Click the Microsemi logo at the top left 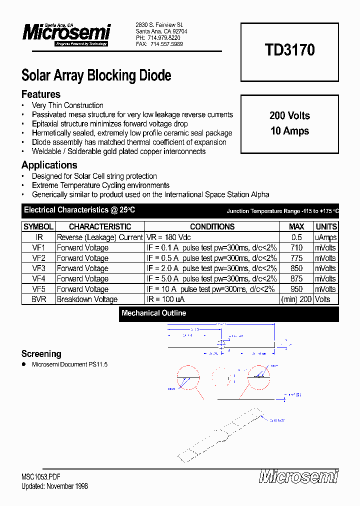[x=66, y=33]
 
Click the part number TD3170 [x=289, y=50]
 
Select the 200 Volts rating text [x=289, y=115]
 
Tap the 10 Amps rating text [x=289, y=131]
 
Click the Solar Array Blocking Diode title [x=96, y=75]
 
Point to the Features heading [x=41, y=94]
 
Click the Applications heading [x=49, y=165]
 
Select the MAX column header [x=296, y=226]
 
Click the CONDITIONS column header [x=212, y=226]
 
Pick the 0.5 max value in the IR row [x=296, y=237]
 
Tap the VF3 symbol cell [x=38, y=268]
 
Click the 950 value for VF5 [x=296, y=289]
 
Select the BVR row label [x=38, y=299]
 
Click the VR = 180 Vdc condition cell [x=169, y=237]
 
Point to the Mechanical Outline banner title [x=153, y=313]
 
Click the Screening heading [x=41, y=354]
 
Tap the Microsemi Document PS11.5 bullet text [x=69, y=364]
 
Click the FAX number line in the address [x=159, y=44]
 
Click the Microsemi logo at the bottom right [x=298, y=477]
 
